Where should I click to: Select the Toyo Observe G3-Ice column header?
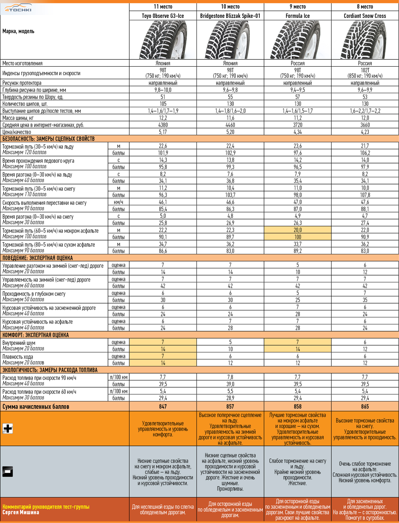[x=163, y=16]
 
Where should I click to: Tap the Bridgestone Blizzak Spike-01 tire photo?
[x=230, y=40]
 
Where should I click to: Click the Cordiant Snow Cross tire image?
[x=365, y=40]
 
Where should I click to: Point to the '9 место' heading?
[x=298, y=6]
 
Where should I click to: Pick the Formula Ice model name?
[x=298, y=16]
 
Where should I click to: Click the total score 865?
[x=365, y=406]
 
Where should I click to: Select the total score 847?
[x=163, y=406]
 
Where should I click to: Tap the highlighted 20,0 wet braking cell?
[x=298, y=230]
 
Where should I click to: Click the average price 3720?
[x=298, y=125]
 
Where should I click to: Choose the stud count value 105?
[x=163, y=104]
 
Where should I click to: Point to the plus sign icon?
[x=8, y=428]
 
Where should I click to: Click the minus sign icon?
[x=8, y=471]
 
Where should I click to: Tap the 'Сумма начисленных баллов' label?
[x=36, y=406]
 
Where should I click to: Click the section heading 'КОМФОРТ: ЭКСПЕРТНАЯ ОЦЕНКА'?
[x=36, y=335]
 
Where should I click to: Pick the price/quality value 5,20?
[x=230, y=132]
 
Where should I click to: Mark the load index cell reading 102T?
[x=365, y=70]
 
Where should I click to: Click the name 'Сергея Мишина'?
[x=21, y=512]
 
